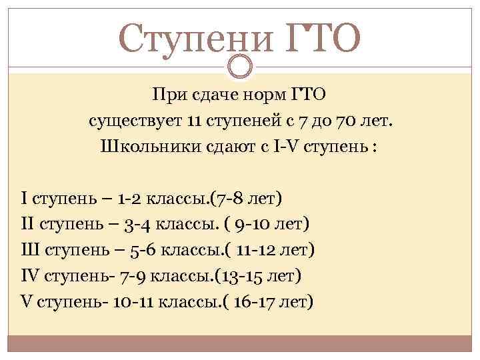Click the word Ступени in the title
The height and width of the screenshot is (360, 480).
(195, 39)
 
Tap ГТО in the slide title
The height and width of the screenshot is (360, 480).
(323, 38)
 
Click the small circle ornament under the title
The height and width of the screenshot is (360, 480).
(240, 66)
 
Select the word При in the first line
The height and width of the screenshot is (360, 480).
(170, 95)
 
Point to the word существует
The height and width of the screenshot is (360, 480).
(135, 121)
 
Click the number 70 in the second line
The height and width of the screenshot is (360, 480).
(346, 121)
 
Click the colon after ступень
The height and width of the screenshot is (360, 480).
(373, 147)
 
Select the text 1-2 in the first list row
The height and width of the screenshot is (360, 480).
(129, 199)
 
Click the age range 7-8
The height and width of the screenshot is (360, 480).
(229, 199)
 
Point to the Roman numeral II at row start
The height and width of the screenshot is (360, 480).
(27, 223)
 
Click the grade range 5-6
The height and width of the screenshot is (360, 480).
(143, 251)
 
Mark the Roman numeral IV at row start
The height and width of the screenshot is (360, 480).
(30, 275)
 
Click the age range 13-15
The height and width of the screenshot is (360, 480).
(241, 277)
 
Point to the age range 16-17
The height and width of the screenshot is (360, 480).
(252, 303)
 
